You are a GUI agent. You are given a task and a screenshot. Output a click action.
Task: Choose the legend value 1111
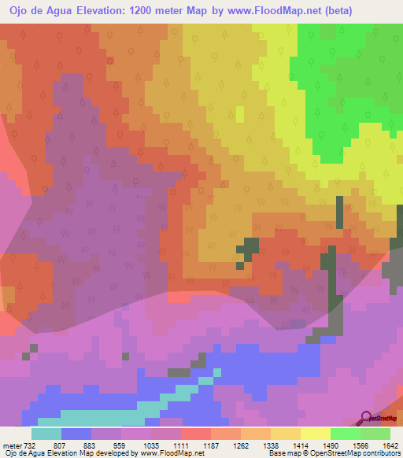click(x=180, y=445)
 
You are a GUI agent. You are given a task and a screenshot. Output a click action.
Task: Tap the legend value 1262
click(x=240, y=445)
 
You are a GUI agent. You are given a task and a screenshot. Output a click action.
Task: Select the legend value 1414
click(x=300, y=445)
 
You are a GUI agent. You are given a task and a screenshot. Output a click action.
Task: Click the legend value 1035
click(x=150, y=445)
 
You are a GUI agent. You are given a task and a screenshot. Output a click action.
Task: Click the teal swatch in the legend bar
click(x=46, y=434)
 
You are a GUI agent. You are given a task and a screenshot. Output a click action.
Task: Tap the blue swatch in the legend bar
click(x=76, y=434)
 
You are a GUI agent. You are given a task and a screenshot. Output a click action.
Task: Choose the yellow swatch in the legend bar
click(x=315, y=434)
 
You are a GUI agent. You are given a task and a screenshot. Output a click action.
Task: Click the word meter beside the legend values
click(x=12, y=445)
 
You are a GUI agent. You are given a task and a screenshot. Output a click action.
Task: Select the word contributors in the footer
click(x=379, y=453)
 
